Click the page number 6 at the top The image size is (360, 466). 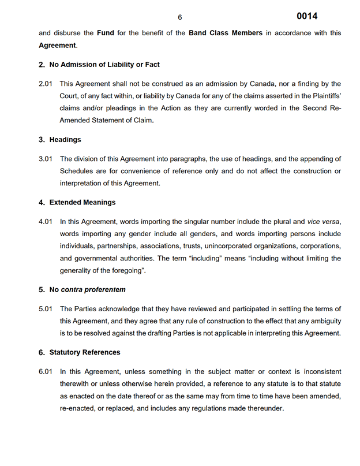point(180,17)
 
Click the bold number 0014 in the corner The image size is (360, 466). point(307,16)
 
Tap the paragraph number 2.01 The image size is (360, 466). point(46,84)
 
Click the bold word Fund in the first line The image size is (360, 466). point(105,33)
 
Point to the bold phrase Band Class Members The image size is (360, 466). point(226,33)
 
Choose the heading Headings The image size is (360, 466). point(65,140)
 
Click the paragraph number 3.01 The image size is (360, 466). point(46,159)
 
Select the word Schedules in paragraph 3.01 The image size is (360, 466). point(77,171)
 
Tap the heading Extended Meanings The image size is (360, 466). point(82,203)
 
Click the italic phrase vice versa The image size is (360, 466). point(323,222)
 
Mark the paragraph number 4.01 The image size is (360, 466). point(46,222)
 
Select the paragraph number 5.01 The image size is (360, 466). point(46,309)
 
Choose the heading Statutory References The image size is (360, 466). point(85,352)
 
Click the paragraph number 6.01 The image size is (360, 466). point(46,372)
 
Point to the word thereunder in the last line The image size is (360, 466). point(265,408)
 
